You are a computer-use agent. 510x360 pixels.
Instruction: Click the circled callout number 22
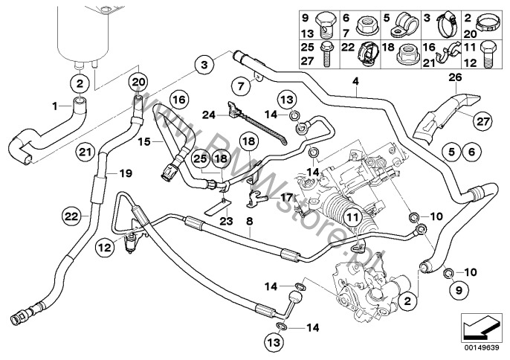pyautogui.click(x=71, y=216)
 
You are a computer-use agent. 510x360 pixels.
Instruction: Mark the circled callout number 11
pyautogui.click(x=351, y=218)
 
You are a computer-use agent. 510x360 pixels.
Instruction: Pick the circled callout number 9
pyautogui.click(x=458, y=287)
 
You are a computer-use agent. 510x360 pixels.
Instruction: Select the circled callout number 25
pyautogui.click(x=199, y=158)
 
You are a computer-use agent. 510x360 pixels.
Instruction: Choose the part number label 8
pyautogui.click(x=251, y=220)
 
